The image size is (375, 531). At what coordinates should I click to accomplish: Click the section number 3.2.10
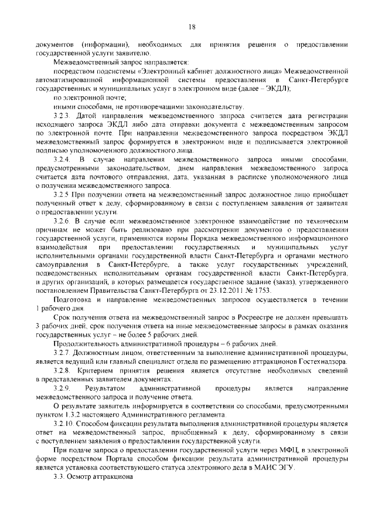click(64, 423)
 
